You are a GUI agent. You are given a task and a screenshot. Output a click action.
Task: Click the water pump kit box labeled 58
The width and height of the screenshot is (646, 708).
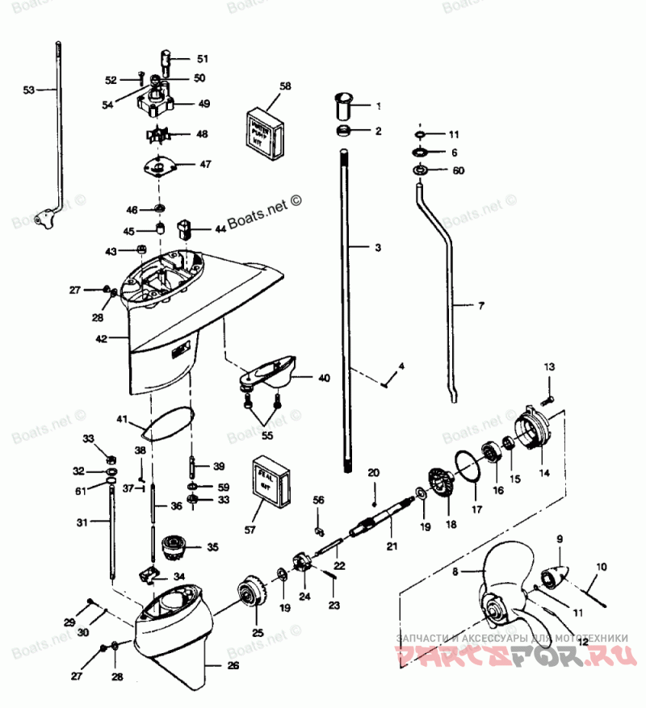[x=261, y=128]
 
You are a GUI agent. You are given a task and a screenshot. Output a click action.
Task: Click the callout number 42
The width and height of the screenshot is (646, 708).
[x=100, y=339]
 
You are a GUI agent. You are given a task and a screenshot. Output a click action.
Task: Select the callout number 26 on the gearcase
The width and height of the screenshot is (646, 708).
[x=233, y=665]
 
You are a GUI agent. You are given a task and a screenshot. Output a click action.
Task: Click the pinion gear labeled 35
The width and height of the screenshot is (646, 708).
[x=174, y=550]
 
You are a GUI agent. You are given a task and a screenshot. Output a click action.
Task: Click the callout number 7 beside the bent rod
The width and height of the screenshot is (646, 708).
[x=481, y=306]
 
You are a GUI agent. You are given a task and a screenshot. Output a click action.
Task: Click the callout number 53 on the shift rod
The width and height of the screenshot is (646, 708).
[x=28, y=90]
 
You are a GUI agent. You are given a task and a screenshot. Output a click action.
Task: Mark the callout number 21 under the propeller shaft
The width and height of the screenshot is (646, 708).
[x=392, y=547]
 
